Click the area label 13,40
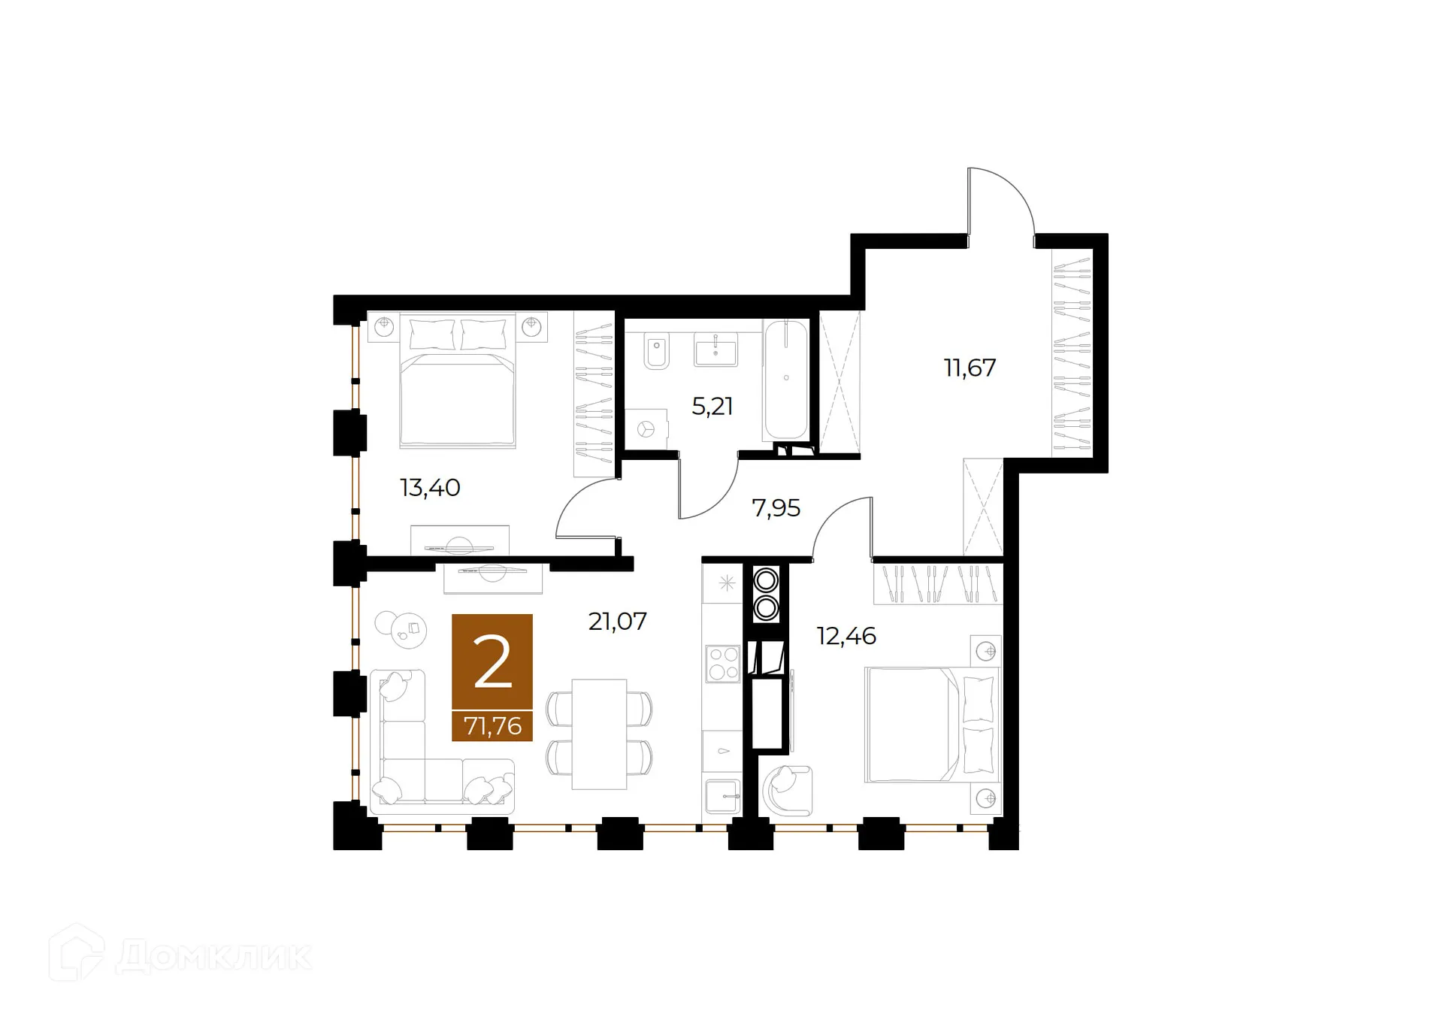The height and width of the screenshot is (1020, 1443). [x=430, y=488]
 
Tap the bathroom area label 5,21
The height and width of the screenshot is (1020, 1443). [x=712, y=407]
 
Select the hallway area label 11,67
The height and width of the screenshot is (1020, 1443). [x=970, y=368]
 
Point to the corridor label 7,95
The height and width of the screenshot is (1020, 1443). [x=776, y=508]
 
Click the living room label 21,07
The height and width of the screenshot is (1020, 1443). [x=617, y=621]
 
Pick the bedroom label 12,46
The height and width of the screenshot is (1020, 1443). [x=846, y=636]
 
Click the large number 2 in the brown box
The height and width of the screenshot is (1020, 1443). [x=492, y=661]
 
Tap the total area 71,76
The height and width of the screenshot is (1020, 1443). [x=492, y=726]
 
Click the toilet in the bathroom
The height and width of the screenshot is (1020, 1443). [x=657, y=350]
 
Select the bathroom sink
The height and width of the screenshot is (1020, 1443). [x=715, y=350]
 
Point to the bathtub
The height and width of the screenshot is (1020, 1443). [x=786, y=380]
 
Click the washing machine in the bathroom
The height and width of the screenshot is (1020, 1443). [x=646, y=429]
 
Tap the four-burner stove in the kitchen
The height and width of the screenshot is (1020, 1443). [x=723, y=664]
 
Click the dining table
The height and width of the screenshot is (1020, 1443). [x=599, y=734]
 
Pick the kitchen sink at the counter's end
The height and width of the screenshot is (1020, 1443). [x=722, y=795]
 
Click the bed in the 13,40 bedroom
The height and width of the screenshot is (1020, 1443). [x=457, y=380]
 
